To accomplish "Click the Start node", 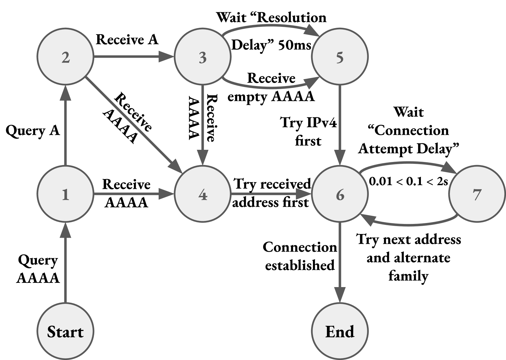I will (65, 331).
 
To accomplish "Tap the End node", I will (340, 331).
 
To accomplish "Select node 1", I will (65, 194).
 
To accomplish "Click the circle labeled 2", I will (65, 57).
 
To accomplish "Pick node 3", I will (203, 57).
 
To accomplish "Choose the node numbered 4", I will (203, 194).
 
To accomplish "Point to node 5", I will (340, 57).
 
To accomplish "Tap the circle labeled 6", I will (340, 194).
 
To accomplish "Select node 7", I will (477, 194).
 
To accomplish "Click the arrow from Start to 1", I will (65, 265).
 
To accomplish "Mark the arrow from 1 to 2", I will (65, 128).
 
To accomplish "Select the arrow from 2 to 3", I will (131, 57).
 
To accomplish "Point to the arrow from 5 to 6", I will (340, 122).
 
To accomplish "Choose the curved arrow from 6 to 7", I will (409, 163).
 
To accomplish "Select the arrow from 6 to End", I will (340, 259).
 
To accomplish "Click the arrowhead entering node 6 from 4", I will (303, 194).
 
